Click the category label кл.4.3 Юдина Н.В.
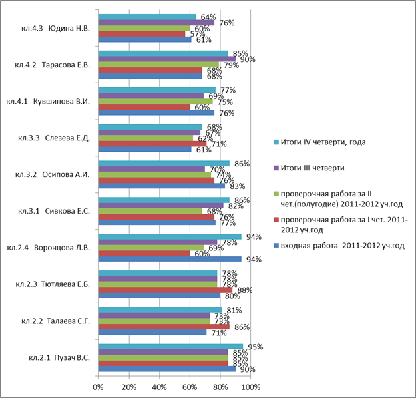click(x=55, y=29)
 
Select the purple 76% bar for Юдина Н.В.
click(x=156, y=23)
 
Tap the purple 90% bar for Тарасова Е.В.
click(x=167, y=59)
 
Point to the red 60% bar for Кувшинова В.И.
click(x=144, y=107)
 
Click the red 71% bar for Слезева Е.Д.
click(x=152, y=144)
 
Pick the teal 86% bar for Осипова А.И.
click(x=164, y=164)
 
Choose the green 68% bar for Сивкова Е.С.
click(x=150, y=211)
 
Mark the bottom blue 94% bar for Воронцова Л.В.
click(x=170, y=259)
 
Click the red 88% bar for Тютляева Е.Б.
click(x=166, y=290)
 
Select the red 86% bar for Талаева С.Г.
click(x=164, y=327)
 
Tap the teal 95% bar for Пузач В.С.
click(x=171, y=347)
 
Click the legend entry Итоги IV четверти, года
click(x=323, y=142)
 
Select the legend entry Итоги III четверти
click(x=313, y=168)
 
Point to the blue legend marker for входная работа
click(x=276, y=246)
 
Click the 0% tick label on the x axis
click(x=98, y=387)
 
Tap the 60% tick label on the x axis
click(x=190, y=387)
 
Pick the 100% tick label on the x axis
click(x=251, y=387)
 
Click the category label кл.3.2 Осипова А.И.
click(x=53, y=174)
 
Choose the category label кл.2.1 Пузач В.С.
click(x=59, y=358)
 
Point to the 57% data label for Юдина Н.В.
click(x=198, y=34)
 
